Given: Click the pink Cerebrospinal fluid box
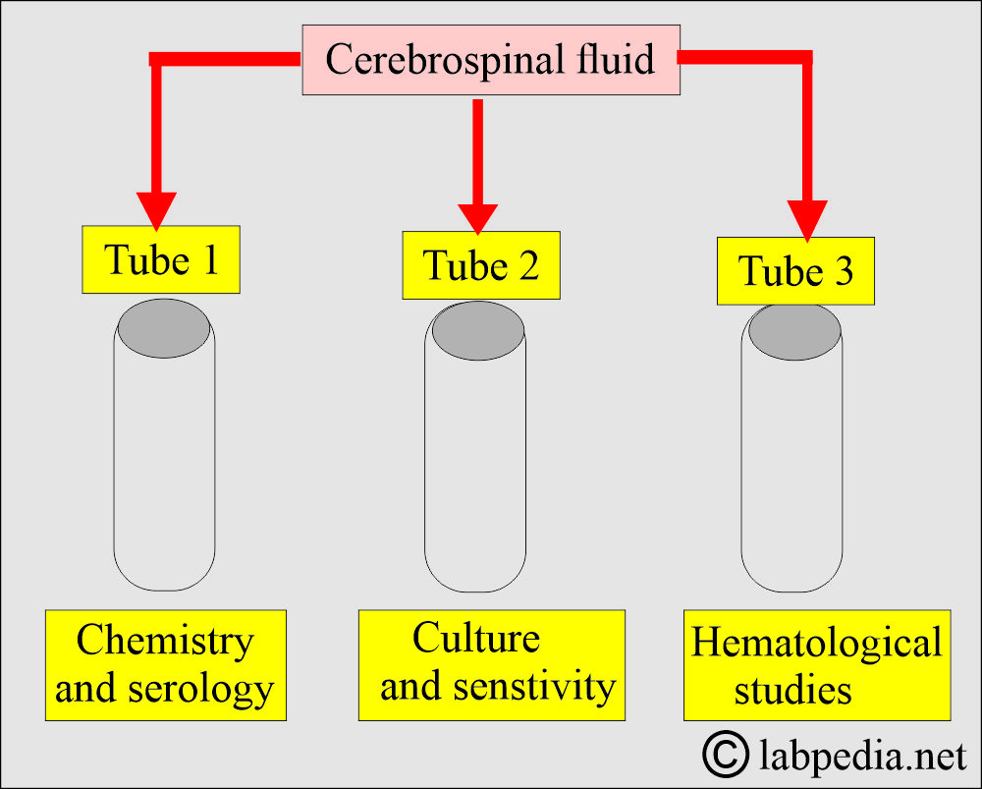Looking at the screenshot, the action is [491, 60].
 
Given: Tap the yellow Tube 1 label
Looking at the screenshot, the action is [161, 259].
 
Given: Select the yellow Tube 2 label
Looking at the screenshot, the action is [481, 265].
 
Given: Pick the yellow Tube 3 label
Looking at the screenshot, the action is [795, 271].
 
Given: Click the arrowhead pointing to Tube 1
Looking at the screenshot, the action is [156, 211].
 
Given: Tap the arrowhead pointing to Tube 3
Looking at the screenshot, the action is [807, 221].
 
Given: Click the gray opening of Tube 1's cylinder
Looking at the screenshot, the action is [164, 328].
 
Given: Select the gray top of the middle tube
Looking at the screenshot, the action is [478, 330].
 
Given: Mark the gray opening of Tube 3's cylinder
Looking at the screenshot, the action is [794, 331].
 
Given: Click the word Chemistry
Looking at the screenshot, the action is [165, 641].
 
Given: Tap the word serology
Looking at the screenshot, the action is [201, 690].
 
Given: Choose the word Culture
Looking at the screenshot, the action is [476, 638].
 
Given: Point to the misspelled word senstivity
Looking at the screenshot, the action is [535, 687].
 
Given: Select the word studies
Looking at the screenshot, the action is [792, 691].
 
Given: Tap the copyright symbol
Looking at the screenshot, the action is [726, 754].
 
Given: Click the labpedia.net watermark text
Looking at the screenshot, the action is [863, 756].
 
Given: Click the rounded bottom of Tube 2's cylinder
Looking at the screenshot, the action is [475, 574].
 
